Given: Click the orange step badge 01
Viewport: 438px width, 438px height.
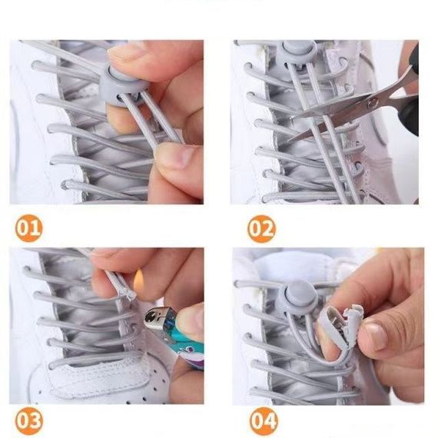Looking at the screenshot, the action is click(x=29, y=227).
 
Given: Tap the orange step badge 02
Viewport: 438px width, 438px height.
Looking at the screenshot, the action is click(x=261, y=229).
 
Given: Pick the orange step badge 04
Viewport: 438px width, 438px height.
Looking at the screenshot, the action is click(x=264, y=420).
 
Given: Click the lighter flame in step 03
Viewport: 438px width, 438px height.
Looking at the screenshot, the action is click(x=139, y=283).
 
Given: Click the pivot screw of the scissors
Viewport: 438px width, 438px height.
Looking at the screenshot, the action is click(x=371, y=104).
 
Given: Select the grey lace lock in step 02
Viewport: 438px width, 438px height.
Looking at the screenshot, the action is click(x=298, y=53).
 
